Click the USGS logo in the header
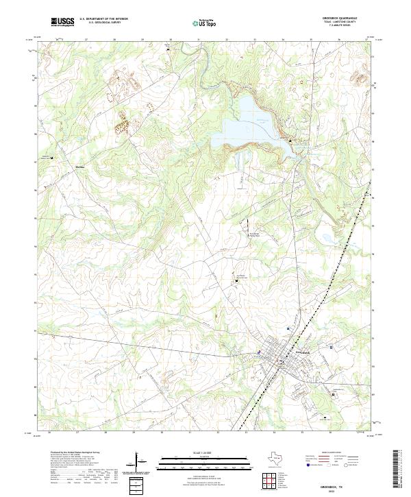(x=62, y=22)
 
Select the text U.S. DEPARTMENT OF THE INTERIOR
(x=103, y=19)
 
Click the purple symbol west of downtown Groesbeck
(x=258, y=352)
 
